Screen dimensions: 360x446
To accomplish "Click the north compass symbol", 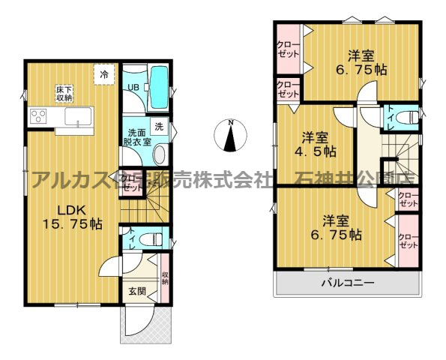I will (x=231, y=135).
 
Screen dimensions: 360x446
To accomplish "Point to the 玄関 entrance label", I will (x=136, y=292).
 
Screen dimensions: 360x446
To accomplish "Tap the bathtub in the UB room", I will (x=158, y=86).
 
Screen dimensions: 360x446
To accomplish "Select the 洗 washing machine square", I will (x=159, y=125).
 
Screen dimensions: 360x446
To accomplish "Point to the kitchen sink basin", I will (x=76, y=117).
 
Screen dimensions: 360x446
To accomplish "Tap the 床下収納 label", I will (x=63, y=93).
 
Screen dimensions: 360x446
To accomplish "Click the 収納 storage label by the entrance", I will (x=164, y=277).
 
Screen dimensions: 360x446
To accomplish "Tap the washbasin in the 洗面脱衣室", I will (x=159, y=154).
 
